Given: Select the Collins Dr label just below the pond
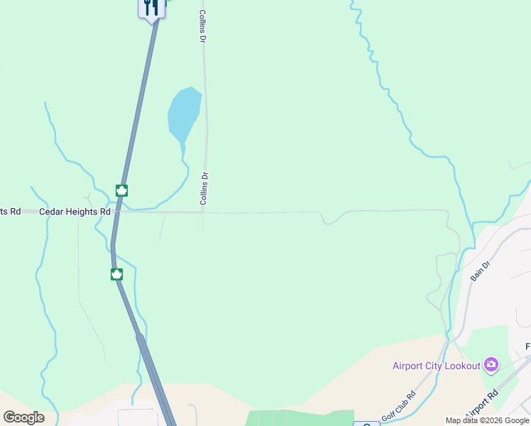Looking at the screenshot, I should tap(203, 189).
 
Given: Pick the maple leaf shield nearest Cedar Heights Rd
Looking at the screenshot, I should tap(121, 190).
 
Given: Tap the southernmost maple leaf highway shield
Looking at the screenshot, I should tap(116, 274).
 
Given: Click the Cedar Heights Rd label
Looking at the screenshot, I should tap(75, 212).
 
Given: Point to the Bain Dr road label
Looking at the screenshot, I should tap(481, 271).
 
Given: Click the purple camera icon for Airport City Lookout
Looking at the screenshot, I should tap(491, 366).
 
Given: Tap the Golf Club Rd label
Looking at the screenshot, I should tap(401, 406).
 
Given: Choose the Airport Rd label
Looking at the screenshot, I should tap(483, 404).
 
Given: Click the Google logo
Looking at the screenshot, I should tap(23, 417).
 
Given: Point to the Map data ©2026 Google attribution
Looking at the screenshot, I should tap(487, 420).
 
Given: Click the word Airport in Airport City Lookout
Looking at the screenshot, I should tap(409, 366).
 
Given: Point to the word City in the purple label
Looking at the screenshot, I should tap(437, 366).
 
